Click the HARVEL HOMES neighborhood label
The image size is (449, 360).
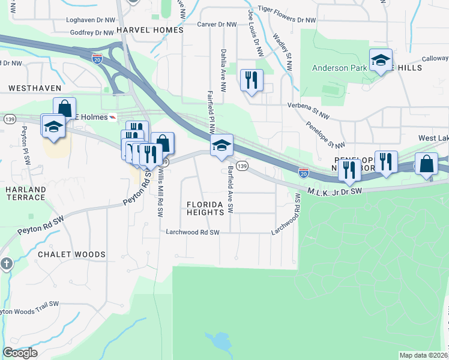click(149, 29)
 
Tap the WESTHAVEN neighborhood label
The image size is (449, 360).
click(35, 88)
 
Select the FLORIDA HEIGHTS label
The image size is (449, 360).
click(209, 208)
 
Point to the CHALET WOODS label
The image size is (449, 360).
click(71, 254)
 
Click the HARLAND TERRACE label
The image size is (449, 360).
click(25, 193)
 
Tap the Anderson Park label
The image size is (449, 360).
click(339, 68)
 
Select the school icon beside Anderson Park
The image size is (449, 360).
click(381, 60)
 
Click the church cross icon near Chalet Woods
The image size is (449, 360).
click(7, 263)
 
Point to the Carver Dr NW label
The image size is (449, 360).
click(218, 25)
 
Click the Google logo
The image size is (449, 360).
click(20, 353)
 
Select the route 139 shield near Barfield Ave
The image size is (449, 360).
click(242, 165)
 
